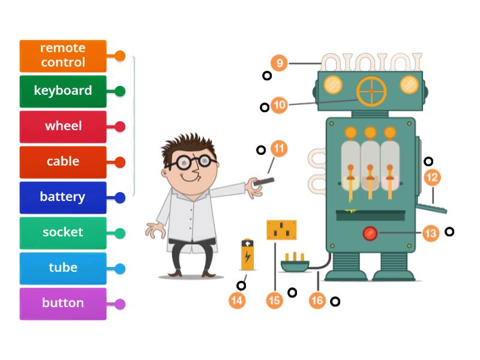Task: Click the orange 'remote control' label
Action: [x=63, y=56]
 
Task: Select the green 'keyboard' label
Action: [x=63, y=91]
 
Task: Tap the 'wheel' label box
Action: [x=63, y=127]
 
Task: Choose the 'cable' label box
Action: [x=63, y=162]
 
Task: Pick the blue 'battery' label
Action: [x=63, y=197]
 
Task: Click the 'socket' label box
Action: [x=63, y=233]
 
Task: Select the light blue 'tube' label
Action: [x=63, y=268]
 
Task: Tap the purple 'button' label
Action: [x=63, y=304]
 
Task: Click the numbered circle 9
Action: [x=279, y=62]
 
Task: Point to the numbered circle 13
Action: [x=431, y=233]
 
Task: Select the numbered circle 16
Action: [x=317, y=300]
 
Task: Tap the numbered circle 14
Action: [x=238, y=300]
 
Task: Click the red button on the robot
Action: [x=370, y=233]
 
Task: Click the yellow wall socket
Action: [x=281, y=230]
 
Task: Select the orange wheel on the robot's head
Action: [x=371, y=91]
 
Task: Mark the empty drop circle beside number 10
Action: [x=265, y=107]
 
